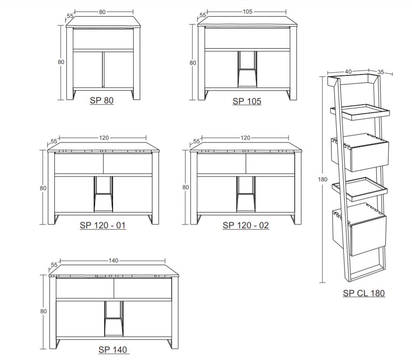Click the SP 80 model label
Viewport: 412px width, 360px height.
click(102, 100)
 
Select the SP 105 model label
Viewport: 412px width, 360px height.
click(247, 101)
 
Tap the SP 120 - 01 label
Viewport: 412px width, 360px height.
click(103, 225)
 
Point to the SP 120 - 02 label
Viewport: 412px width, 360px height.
click(246, 225)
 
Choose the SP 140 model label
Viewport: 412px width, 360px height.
click(113, 349)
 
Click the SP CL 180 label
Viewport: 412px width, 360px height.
click(364, 293)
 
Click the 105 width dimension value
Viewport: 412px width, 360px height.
click(247, 11)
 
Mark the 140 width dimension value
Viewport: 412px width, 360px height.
click(113, 261)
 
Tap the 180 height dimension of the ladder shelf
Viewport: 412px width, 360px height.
click(323, 180)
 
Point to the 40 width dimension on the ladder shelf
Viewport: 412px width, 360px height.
click(348, 71)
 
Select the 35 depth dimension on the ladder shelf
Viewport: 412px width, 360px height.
click(380, 72)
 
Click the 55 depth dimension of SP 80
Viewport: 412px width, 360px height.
click(70, 16)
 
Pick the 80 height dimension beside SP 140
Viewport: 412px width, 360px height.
click(43, 311)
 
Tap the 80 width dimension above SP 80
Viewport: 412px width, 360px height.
click(102, 12)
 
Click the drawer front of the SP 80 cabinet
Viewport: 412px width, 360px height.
click(103, 39)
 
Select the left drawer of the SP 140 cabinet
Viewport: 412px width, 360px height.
click(85, 288)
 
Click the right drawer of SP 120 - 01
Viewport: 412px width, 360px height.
click(128, 163)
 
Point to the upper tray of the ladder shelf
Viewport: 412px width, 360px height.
click(360, 112)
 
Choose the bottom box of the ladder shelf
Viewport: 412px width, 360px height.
click(359, 229)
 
